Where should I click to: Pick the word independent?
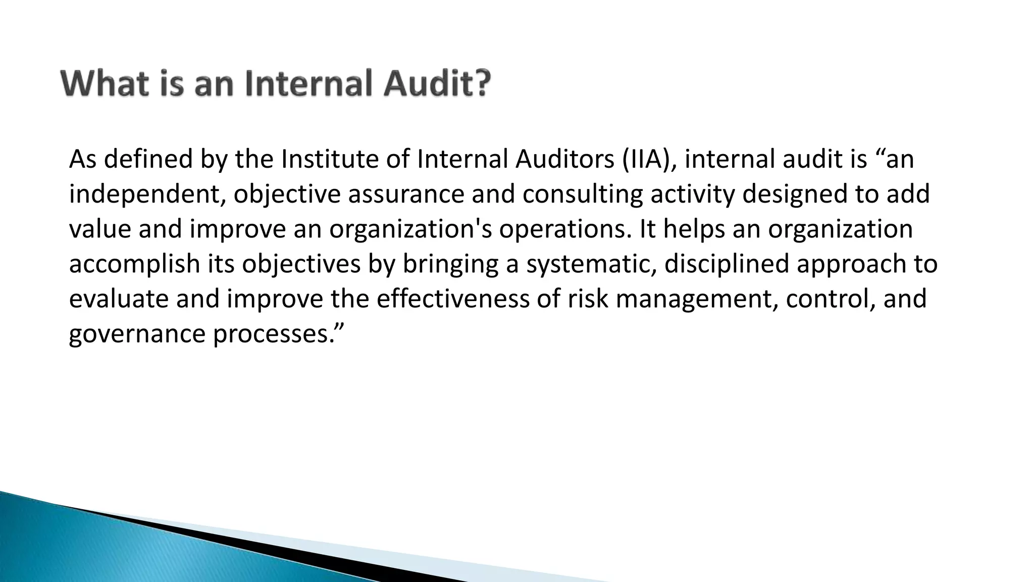pyautogui.click(x=146, y=195)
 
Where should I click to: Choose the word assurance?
pyautogui.click(x=405, y=195)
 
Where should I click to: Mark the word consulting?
pyautogui.click(x=583, y=195)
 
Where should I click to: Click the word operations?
pyautogui.click(x=565, y=229)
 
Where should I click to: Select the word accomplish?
pyautogui.click(x=135, y=264)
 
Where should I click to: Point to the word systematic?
pyautogui.click(x=591, y=264)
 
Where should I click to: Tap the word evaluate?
pyautogui.click(x=119, y=299)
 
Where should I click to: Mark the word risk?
pyautogui.click(x=588, y=299)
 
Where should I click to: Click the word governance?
pyautogui.click(x=137, y=334)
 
